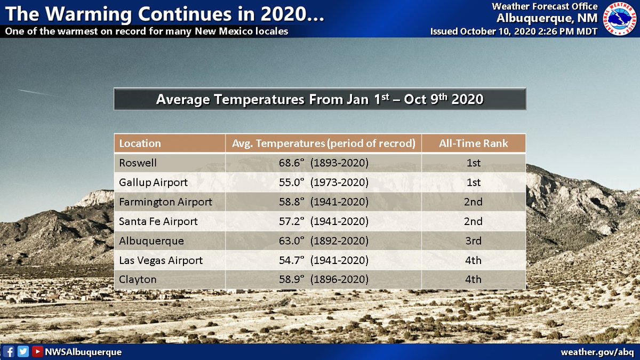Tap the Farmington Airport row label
(165, 202)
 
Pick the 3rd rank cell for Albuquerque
(473, 241)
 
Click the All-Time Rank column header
(473, 143)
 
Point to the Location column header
(140, 143)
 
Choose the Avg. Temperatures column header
(323, 143)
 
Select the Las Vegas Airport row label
(161, 260)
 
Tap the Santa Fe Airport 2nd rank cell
(473, 221)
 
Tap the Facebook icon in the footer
(9, 352)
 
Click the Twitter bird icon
(23, 352)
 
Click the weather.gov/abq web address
(597, 352)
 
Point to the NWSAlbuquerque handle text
(83, 352)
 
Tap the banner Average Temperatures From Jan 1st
(319, 99)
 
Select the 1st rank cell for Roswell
(473, 163)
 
